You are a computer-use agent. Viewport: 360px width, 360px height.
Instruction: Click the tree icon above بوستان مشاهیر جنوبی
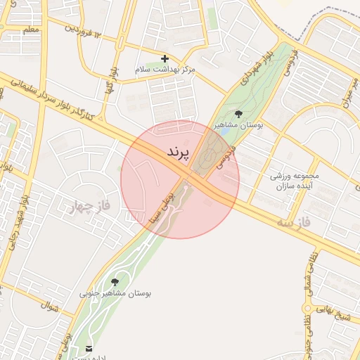115,282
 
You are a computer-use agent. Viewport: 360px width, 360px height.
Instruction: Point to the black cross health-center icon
165,58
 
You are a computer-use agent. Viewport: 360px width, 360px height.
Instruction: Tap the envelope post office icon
89,348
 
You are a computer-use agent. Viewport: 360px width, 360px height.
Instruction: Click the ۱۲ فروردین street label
84,30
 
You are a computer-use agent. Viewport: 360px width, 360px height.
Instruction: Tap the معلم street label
30,30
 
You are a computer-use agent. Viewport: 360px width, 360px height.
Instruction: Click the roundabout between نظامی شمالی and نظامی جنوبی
307,308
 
